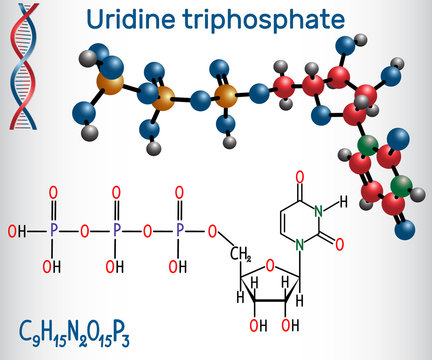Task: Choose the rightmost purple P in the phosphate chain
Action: pos(182,233)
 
